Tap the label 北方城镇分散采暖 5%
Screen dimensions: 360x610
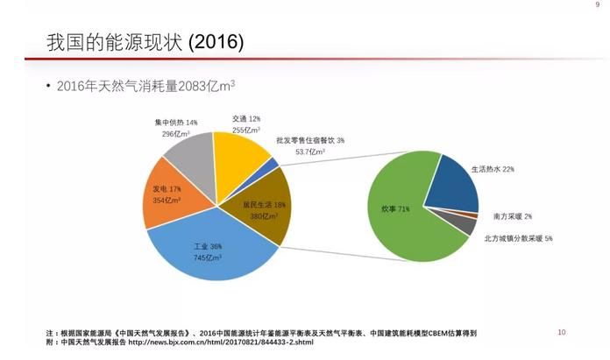point(518,238)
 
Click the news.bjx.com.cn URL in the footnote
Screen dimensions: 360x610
point(219,342)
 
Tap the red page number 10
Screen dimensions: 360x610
point(562,332)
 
